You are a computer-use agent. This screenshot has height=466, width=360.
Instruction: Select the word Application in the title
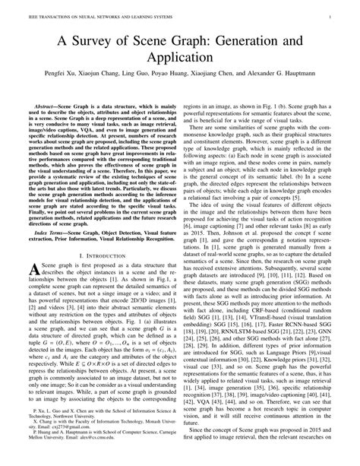click(x=179, y=56)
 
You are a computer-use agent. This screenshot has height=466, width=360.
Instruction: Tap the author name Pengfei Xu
click(x=69, y=76)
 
